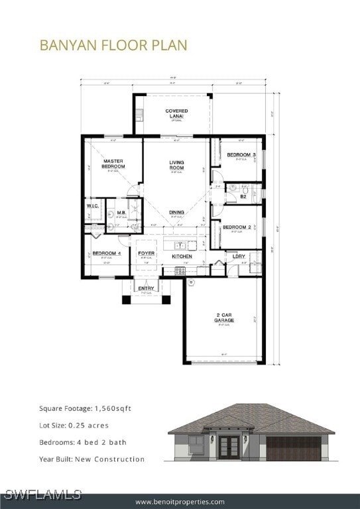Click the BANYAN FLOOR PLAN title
(x=113, y=45)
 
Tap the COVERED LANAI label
(x=176, y=113)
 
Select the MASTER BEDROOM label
(x=113, y=163)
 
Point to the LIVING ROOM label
(x=176, y=164)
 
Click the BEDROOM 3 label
(x=241, y=154)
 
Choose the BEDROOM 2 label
(x=236, y=227)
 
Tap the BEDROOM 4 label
(x=106, y=253)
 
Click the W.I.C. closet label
(x=92, y=205)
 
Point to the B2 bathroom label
(x=243, y=197)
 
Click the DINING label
(x=176, y=212)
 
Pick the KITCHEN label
(x=182, y=256)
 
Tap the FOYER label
(x=146, y=253)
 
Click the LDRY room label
(x=239, y=256)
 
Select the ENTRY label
(x=146, y=288)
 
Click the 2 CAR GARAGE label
(x=224, y=318)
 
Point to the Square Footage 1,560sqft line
(x=85, y=408)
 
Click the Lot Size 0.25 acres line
(x=74, y=425)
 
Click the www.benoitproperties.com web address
(x=180, y=502)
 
